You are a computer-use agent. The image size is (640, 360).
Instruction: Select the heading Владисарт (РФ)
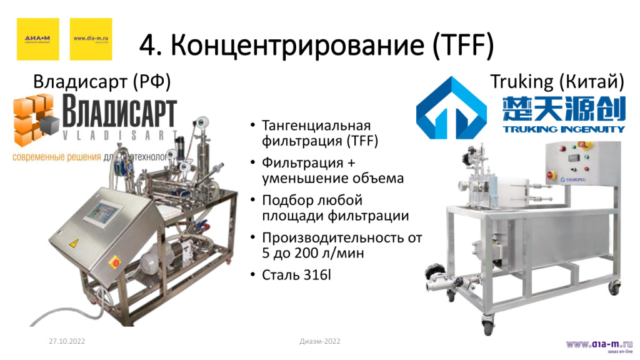(102, 82)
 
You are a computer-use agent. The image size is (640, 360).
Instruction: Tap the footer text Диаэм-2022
(320, 341)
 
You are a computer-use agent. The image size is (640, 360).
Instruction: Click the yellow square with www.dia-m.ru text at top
(91, 39)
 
